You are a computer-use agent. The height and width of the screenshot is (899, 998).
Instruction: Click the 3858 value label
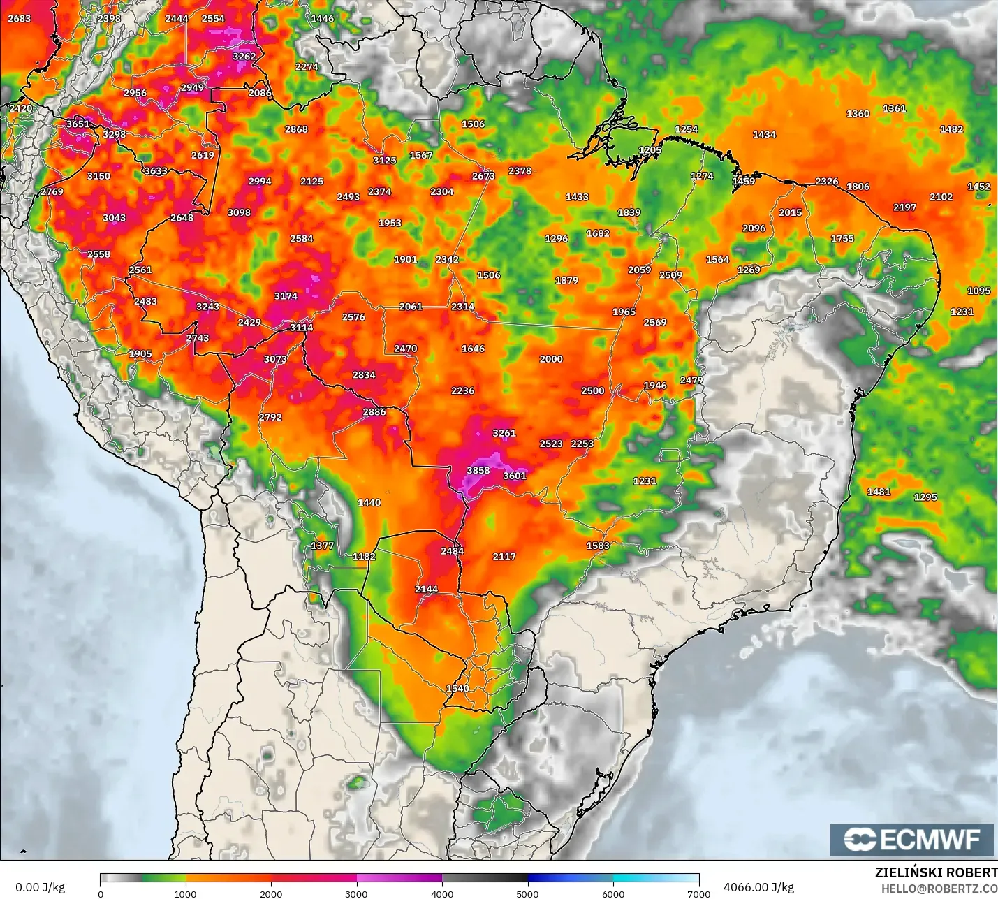coord(478,471)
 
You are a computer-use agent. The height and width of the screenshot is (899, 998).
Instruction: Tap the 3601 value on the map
coord(515,476)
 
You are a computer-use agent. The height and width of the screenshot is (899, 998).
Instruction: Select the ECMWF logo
coord(911,839)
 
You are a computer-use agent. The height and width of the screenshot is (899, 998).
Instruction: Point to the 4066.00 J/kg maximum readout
coord(758,887)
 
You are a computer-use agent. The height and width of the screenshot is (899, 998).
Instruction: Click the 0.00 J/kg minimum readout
coord(40,887)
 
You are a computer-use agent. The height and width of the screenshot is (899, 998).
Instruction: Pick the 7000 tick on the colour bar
coord(699,894)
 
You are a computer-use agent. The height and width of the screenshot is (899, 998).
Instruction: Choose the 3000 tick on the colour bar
coord(356,894)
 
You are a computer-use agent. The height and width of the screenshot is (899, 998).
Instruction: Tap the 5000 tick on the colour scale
coord(527,894)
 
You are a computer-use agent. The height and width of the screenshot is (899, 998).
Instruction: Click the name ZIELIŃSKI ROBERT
coord(936,872)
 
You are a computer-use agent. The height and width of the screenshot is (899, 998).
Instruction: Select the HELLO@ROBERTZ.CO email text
coord(939,889)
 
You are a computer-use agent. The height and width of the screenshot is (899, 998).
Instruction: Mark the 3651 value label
coord(78,124)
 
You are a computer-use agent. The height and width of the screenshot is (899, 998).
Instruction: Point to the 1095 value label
coord(978,291)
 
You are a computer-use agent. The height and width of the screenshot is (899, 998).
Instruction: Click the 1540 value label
coord(457,689)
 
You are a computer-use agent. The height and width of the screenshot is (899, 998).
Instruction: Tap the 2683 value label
coord(19,18)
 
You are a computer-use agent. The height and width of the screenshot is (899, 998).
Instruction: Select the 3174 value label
coord(286,296)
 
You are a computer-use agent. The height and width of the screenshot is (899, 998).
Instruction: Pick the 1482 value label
coord(951,129)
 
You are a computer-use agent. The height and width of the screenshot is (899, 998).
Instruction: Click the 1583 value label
coord(598,546)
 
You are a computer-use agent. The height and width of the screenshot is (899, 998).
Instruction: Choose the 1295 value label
coord(925,497)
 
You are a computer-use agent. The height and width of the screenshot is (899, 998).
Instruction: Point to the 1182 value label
coord(364,557)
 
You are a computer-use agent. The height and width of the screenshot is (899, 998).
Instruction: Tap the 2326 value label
coord(826,182)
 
